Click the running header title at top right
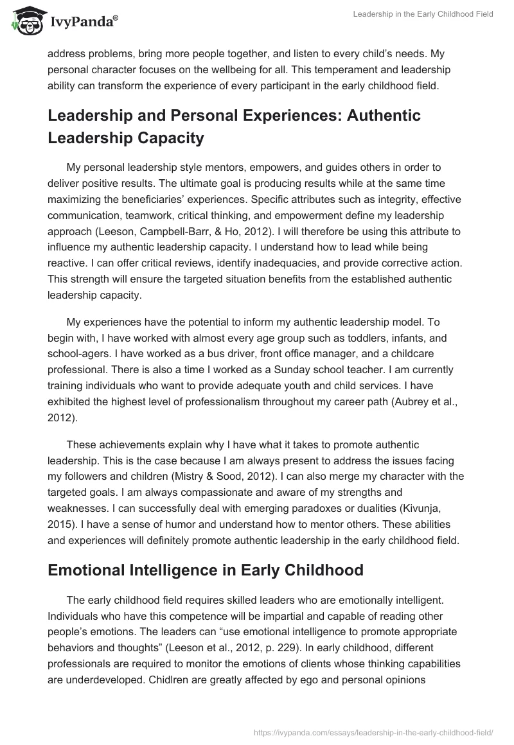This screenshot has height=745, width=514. (x=423, y=14)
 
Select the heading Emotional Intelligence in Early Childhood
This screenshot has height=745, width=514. (x=206, y=570)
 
